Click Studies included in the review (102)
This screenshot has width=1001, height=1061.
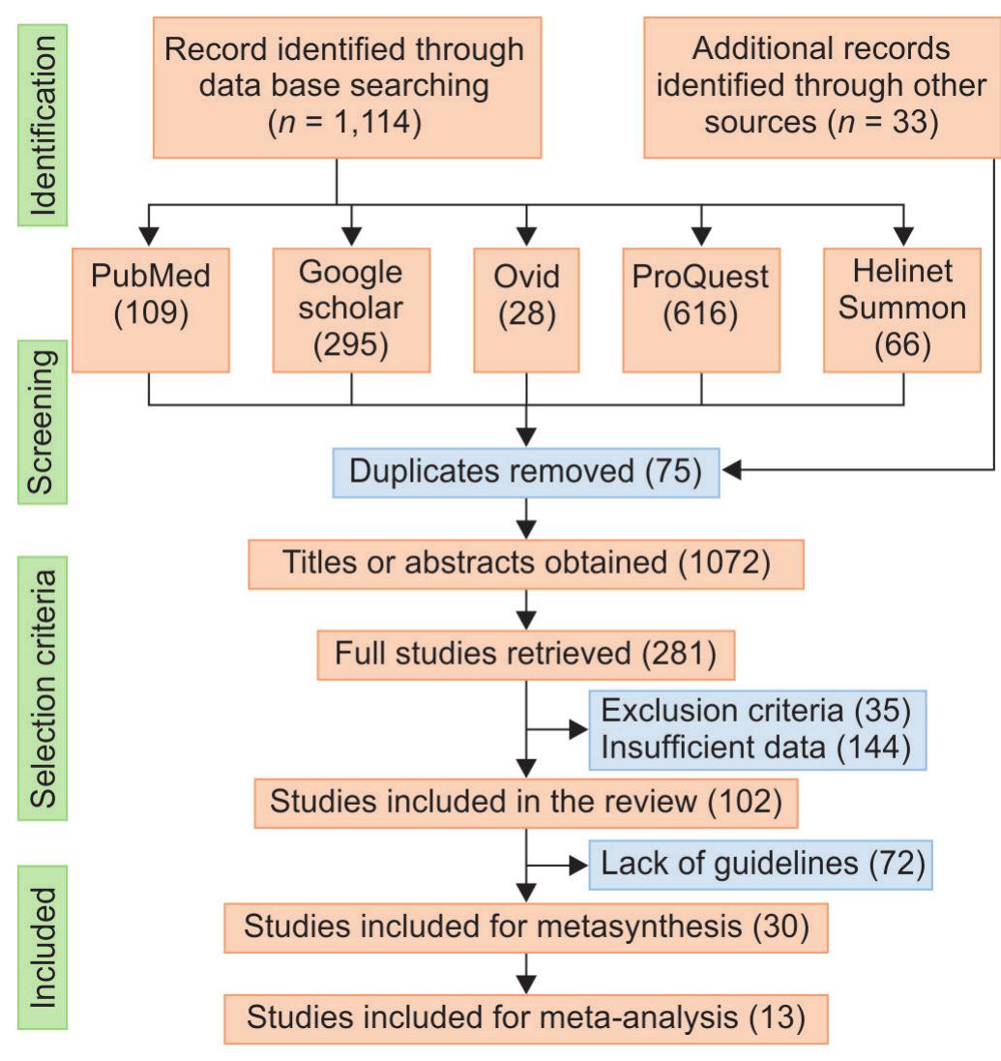(x=525, y=802)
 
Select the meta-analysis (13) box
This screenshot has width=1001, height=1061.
(x=525, y=1017)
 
